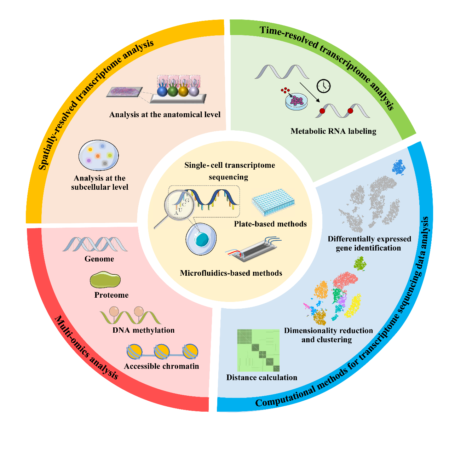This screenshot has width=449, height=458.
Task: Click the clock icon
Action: point(323,86)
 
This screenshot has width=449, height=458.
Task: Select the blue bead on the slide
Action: point(162,91)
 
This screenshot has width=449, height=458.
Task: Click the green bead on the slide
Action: point(173,91)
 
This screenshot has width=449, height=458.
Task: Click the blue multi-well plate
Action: point(273,202)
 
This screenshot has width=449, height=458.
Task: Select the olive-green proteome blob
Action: point(105,280)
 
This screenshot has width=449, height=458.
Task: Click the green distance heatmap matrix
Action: point(258,350)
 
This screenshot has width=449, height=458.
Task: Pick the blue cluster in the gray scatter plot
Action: point(398,167)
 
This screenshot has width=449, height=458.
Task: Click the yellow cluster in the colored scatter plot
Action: point(353,305)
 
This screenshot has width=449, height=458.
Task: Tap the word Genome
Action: point(99,259)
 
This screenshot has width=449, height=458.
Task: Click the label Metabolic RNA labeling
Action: point(333,131)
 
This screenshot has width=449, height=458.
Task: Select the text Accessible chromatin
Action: point(161,366)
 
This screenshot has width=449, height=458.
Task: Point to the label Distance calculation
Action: point(262,377)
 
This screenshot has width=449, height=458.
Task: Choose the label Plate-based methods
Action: point(270,224)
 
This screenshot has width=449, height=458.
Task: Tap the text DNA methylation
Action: point(144,330)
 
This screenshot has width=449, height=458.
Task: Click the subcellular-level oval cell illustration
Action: point(99,155)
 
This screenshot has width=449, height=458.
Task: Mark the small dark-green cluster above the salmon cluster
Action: point(360,263)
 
